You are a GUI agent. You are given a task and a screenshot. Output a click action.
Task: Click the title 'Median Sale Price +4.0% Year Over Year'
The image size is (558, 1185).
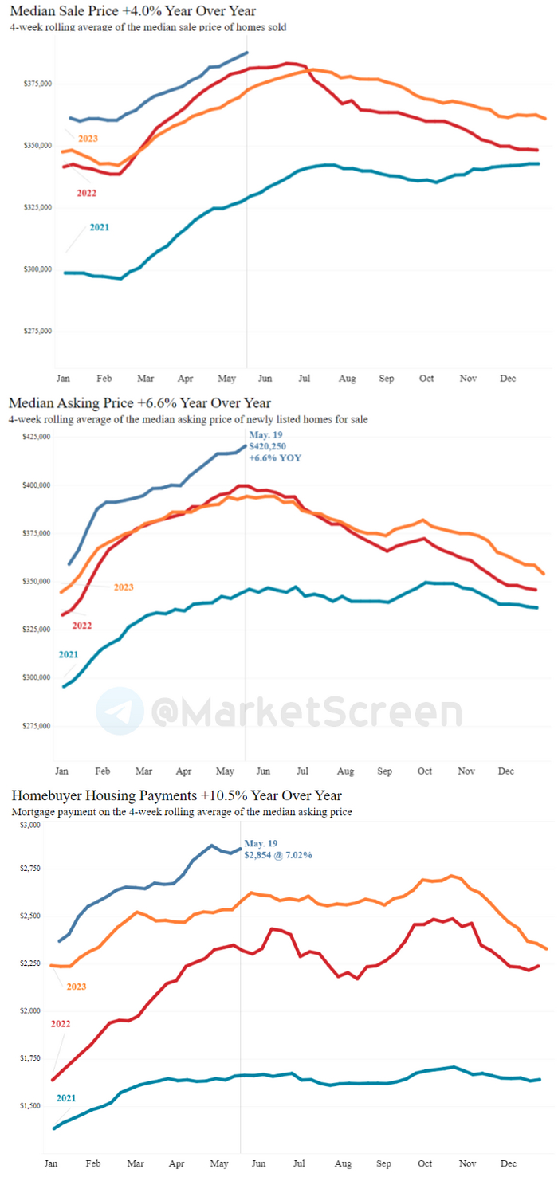(133, 10)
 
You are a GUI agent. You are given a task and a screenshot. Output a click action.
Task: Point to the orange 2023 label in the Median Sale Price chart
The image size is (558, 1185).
(88, 139)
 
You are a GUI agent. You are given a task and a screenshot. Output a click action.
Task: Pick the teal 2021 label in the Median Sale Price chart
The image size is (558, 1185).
(99, 227)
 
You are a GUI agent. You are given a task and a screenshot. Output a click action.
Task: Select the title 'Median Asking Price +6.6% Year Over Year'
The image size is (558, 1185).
(139, 403)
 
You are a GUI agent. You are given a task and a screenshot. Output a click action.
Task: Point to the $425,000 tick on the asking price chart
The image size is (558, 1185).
(33, 437)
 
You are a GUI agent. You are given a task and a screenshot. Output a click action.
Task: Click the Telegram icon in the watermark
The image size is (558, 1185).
(120, 711)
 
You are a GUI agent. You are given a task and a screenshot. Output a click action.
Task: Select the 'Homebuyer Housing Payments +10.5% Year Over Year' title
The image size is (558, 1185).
(176, 795)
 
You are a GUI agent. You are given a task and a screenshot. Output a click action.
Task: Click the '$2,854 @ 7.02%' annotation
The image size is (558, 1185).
(278, 855)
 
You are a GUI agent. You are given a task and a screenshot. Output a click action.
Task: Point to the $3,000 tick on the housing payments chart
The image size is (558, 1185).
(29, 825)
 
